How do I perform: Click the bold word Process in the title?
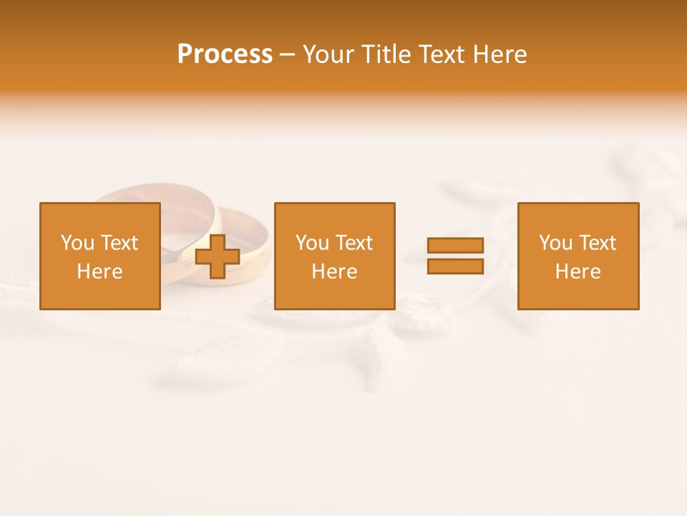(x=225, y=54)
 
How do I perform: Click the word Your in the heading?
(x=329, y=54)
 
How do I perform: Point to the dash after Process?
(x=287, y=55)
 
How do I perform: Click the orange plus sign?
(x=218, y=257)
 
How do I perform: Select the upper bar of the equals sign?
(x=455, y=245)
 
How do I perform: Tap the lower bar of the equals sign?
(x=455, y=267)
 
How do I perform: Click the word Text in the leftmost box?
(x=120, y=243)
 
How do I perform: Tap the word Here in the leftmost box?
(x=99, y=272)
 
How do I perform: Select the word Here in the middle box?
(x=334, y=272)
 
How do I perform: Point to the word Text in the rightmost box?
(x=598, y=243)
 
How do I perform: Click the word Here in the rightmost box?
(x=578, y=272)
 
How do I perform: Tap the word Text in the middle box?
(x=354, y=243)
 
